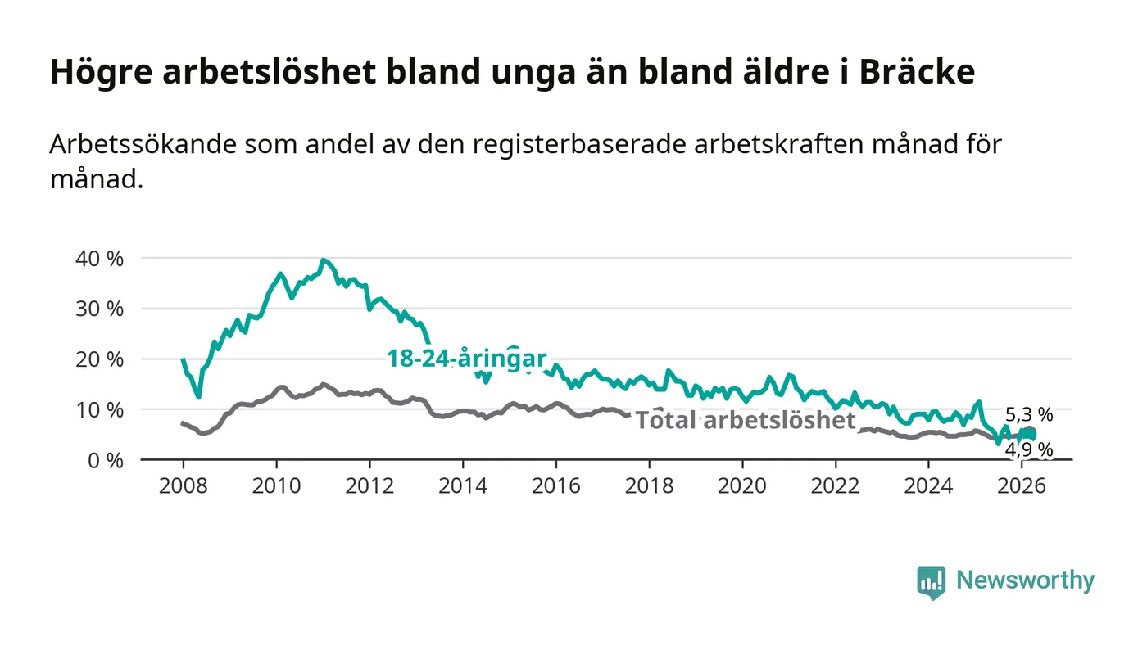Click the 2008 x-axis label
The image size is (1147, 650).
click(183, 485)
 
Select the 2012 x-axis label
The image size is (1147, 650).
click(369, 485)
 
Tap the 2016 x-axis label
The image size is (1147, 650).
click(555, 485)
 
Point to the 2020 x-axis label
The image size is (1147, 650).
click(742, 485)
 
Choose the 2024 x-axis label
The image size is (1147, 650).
click(929, 485)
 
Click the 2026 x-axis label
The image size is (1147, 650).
click(1022, 485)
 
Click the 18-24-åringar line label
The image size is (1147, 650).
click(467, 358)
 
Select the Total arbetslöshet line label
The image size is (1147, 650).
click(746, 420)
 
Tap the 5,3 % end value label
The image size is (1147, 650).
click(1029, 415)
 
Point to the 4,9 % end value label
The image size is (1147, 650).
click(1029, 449)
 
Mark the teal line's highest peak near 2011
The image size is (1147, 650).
click(324, 260)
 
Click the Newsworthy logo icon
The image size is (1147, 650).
click(931, 582)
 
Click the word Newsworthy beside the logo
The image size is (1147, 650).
click(1025, 580)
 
